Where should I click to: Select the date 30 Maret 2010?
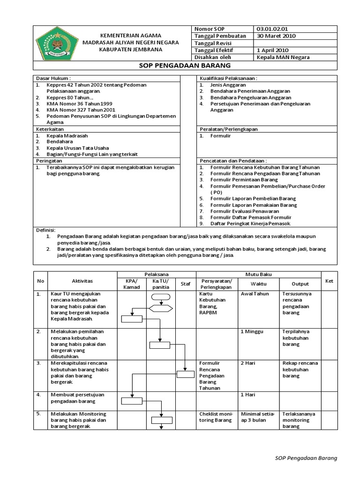point(276,36)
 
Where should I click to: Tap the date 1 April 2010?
point(273,50)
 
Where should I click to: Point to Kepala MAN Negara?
point(284,57)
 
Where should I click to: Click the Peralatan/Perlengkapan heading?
point(229,129)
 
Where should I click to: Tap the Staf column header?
point(185,284)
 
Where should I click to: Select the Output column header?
point(300,284)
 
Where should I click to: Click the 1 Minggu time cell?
point(251,331)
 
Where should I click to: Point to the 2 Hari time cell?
point(248,363)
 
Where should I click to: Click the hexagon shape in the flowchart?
point(161,307)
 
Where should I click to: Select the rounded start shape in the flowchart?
point(161,296)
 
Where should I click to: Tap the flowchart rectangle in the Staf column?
point(185,374)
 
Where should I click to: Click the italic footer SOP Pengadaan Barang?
point(306,457)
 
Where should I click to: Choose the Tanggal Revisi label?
point(213,43)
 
